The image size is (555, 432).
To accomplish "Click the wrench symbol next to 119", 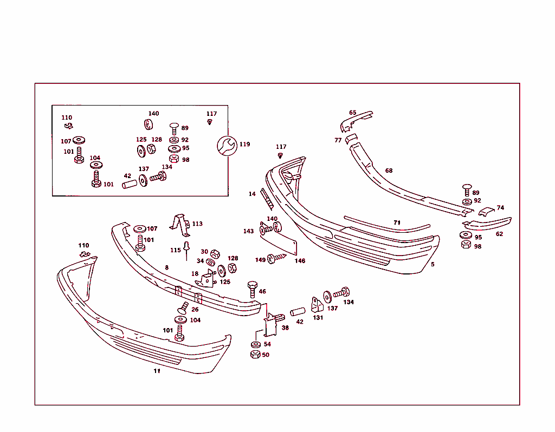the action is coord(227,146).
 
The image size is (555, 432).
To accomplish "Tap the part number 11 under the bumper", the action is coord(157,371).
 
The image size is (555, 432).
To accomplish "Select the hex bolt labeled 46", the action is coord(253,290).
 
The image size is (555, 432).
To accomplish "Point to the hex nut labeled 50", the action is coord(255,354).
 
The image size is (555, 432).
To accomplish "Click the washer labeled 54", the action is coord(256,344).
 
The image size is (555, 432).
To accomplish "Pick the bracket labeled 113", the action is coord(181,225).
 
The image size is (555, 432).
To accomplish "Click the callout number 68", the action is coord(389,171).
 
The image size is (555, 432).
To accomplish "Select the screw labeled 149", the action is coord(276,258).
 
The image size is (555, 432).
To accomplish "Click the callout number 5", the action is coord(433,264).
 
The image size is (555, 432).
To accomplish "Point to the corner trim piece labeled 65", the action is coord(355,121).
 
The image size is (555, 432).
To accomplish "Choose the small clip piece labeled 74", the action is coord(486,212).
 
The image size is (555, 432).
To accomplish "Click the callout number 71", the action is coord(397,222).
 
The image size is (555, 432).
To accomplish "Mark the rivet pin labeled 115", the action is coord(186,250).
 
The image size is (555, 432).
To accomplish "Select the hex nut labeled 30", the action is coord(215,254).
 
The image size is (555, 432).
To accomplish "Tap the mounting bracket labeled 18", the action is coord(205,279).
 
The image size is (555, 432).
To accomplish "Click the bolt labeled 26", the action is coord(183,308).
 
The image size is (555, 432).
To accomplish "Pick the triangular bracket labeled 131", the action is coord(317,305).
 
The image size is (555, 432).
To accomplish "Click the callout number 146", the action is coord(300,260).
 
